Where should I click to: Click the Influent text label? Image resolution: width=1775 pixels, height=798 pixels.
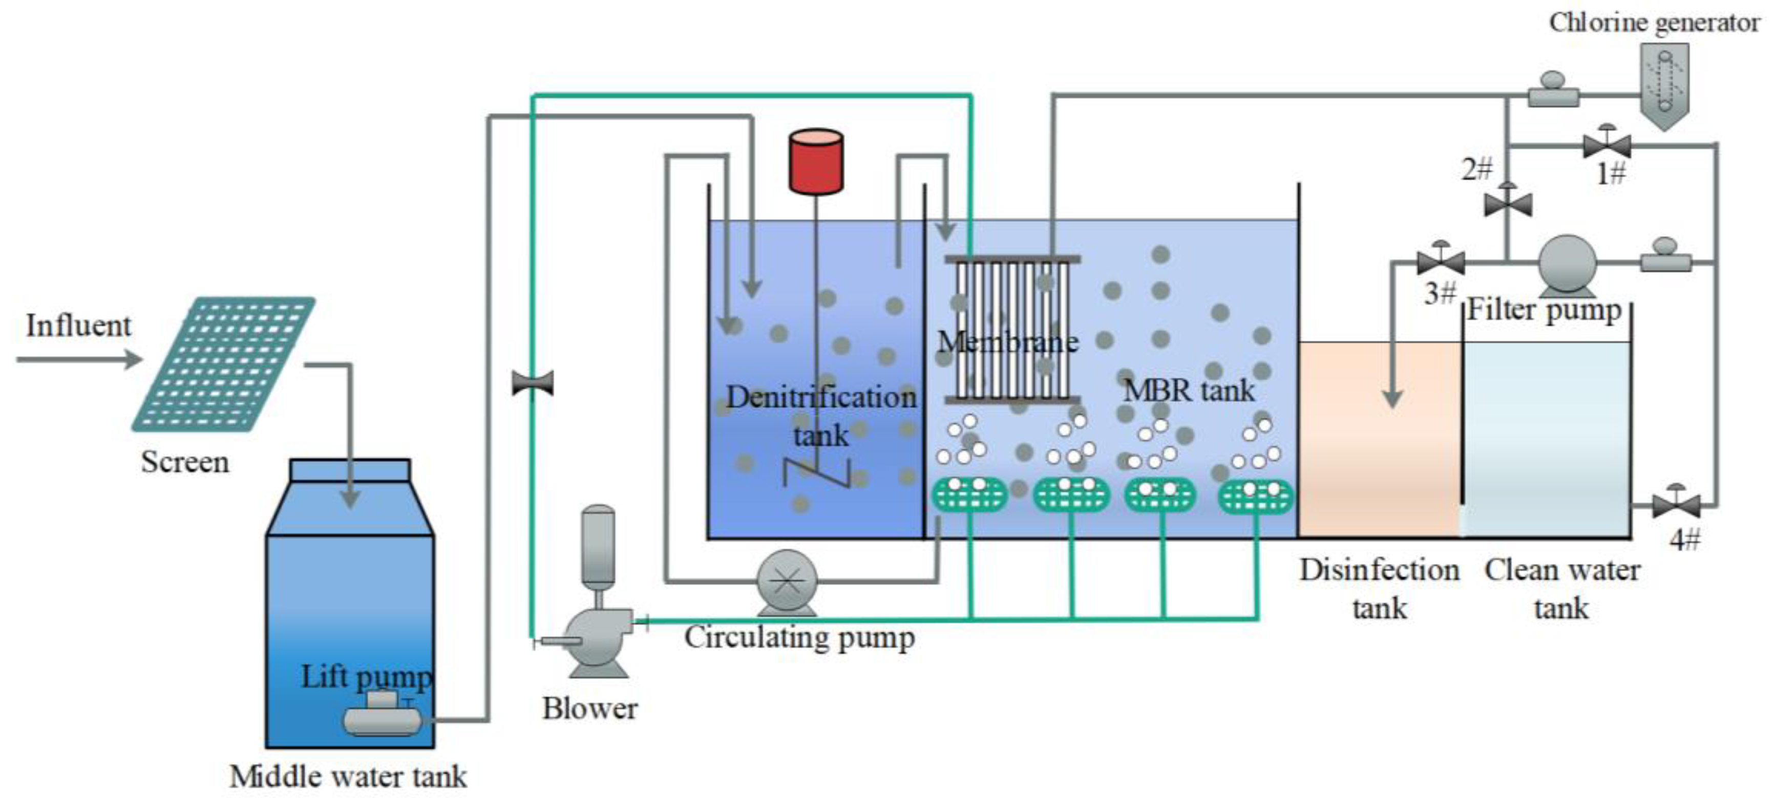[x=78, y=326]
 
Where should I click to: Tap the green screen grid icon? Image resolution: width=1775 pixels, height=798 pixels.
[x=224, y=363]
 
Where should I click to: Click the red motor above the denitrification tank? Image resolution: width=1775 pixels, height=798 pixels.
[x=816, y=162]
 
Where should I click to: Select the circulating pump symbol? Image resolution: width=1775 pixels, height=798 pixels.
[x=787, y=582]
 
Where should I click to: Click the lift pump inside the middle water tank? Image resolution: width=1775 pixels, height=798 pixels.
[x=383, y=718]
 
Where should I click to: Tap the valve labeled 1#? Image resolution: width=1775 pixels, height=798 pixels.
[x=1607, y=146]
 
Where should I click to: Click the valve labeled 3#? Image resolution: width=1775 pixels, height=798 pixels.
[x=1441, y=262]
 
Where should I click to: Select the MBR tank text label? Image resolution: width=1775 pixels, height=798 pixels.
[x=1189, y=391]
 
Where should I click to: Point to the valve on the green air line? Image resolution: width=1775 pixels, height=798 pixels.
[x=533, y=383]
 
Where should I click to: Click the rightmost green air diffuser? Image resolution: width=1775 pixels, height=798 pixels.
[x=1255, y=497]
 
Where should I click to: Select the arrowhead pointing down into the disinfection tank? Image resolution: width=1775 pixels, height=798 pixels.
[x=1392, y=398]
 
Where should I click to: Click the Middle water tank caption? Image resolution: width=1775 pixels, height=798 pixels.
[x=348, y=777]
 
